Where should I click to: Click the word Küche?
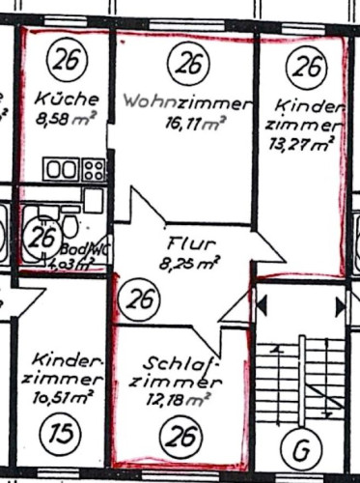pos(66,99)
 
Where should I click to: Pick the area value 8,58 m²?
pos(66,120)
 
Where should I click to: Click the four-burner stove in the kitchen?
pos(94,171)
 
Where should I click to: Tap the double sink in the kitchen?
pos(60,171)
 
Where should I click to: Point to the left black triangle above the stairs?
pos(263,306)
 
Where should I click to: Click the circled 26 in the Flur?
pos(142,299)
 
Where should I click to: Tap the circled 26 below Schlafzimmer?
pos(180,439)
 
